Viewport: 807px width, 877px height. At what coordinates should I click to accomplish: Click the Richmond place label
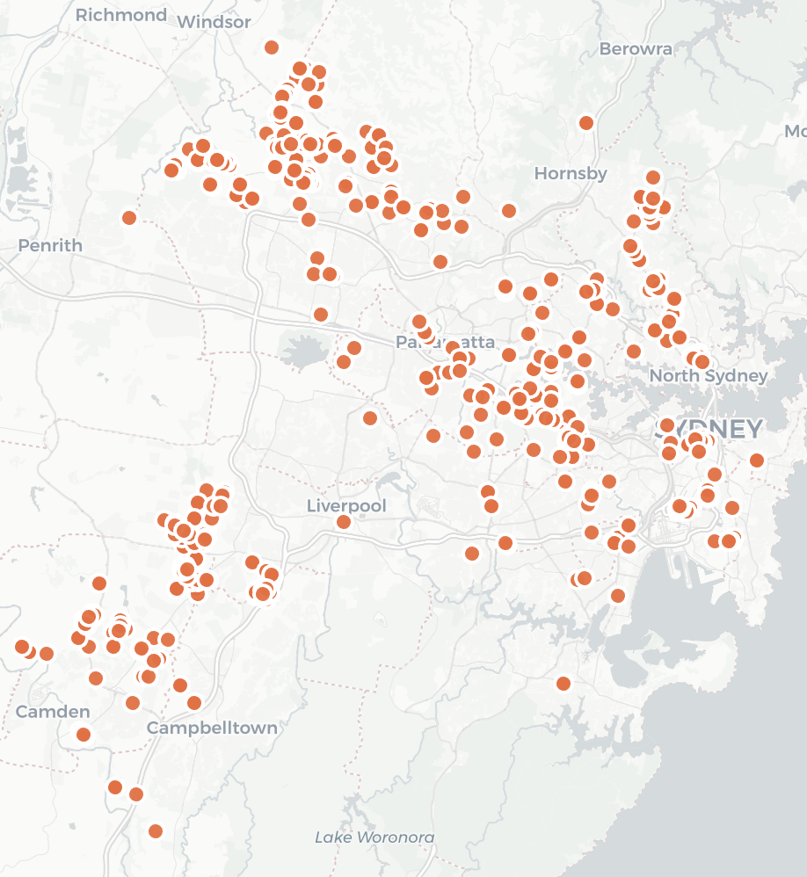121,15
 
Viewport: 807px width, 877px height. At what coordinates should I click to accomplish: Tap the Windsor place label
214,22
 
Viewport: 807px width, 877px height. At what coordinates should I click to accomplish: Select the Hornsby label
571,173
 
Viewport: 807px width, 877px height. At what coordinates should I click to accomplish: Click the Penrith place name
50,245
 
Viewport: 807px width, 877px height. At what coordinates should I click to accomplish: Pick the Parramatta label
446,342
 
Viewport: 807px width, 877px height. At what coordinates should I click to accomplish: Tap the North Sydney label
708,375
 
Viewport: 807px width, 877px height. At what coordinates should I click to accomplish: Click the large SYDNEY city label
709,430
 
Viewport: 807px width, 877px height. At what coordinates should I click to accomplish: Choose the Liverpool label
346,506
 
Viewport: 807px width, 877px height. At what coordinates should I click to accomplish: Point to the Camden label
53,711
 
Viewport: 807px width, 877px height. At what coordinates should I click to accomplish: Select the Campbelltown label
212,728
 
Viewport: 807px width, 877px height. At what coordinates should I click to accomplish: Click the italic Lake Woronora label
374,837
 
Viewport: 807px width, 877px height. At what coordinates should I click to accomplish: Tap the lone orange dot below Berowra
586,123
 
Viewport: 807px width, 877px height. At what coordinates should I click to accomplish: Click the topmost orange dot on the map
272,47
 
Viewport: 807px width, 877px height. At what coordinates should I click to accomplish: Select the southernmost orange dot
156,831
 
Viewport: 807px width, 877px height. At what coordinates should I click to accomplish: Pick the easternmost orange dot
757,460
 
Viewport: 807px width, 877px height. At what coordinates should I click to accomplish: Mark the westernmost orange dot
22,647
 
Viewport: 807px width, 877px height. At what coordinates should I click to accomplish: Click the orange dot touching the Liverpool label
344,522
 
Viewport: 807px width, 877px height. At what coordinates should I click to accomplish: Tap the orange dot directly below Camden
84,735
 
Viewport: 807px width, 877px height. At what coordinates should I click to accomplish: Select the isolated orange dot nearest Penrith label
129,217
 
